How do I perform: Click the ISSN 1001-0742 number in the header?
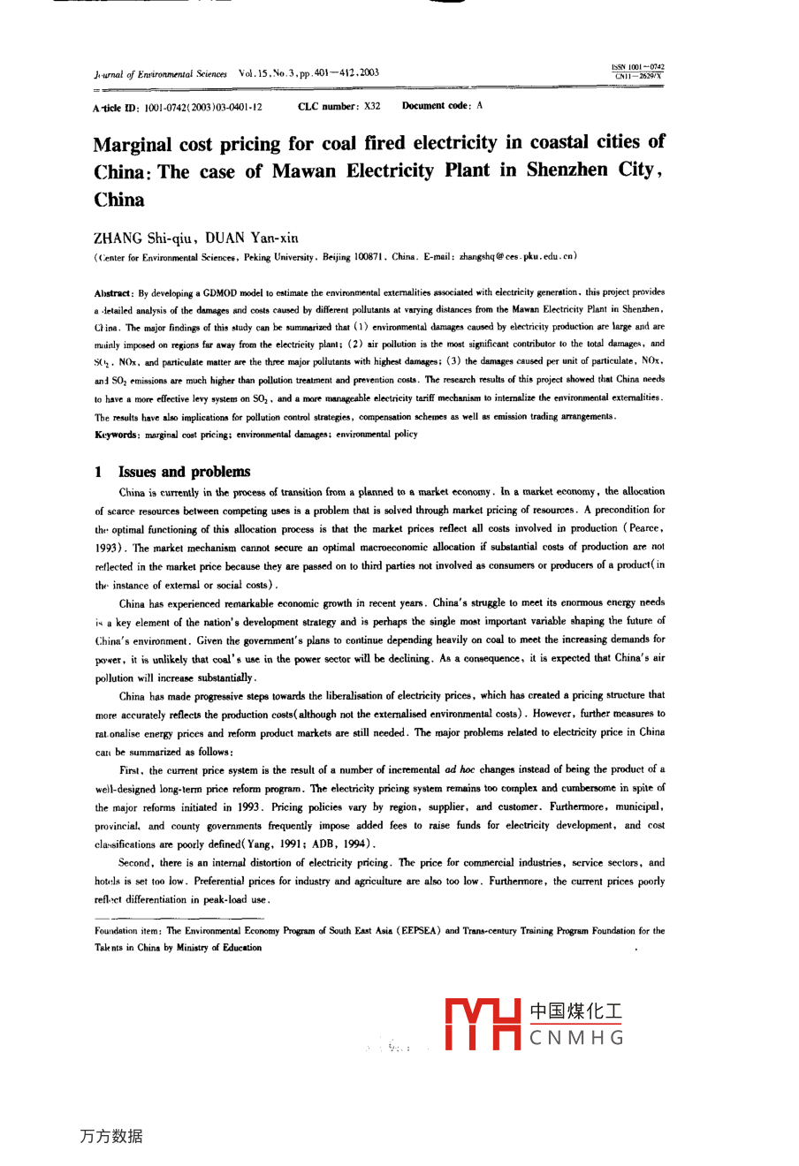pyautogui.click(x=637, y=67)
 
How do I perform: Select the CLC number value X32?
pyautogui.click(x=372, y=106)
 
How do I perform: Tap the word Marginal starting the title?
pyautogui.click(x=133, y=144)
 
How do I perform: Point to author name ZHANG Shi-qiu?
pyautogui.click(x=143, y=238)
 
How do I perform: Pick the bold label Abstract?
pyautogui.click(x=112, y=292)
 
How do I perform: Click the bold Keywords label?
pyautogui.click(x=116, y=435)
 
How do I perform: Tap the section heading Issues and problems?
pyautogui.click(x=184, y=472)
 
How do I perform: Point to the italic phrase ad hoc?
pyautogui.click(x=460, y=769)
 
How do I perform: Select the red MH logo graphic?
pyautogui.click(x=483, y=1024)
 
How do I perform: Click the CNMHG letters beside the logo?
pyautogui.click(x=576, y=1038)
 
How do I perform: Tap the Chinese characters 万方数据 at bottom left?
pyautogui.click(x=110, y=1136)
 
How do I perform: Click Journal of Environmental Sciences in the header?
pyautogui.click(x=160, y=74)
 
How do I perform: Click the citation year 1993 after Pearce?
pyautogui.click(x=108, y=548)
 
